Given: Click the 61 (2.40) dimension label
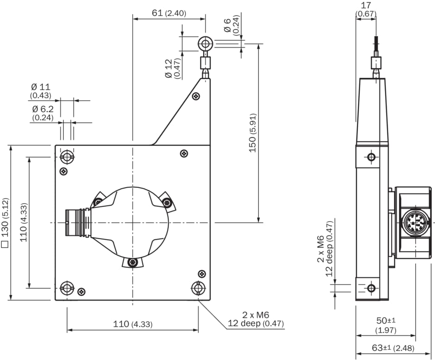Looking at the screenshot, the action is (x=169, y=13).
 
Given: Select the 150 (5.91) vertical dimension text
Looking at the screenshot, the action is (x=253, y=133).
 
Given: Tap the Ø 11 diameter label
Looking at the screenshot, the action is (x=41, y=87).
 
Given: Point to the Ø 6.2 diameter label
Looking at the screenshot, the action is (x=43, y=109).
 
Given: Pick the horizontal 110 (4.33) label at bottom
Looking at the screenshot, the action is (x=133, y=324).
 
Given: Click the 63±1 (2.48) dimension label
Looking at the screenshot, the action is (x=393, y=348).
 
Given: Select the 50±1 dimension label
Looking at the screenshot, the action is (x=385, y=321).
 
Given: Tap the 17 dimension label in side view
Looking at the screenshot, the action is (x=366, y=5).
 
